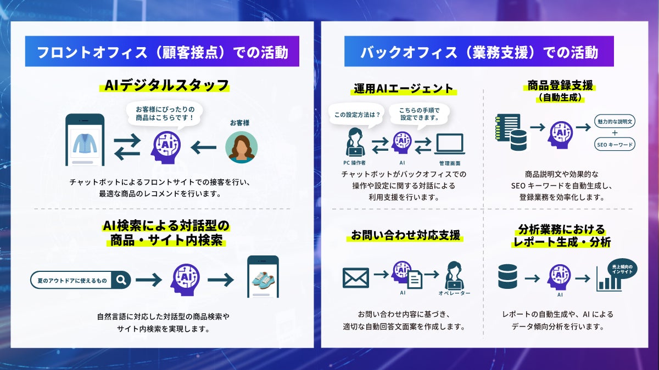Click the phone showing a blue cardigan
pyautogui.click(x=85, y=140)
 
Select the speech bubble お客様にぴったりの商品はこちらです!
pyautogui.click(x=165, y=114)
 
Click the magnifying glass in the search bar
pyautogui.click(x=121, y=280)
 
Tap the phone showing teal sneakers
pyautogui.click(x=263, y=277)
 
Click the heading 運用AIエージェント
pyautogui.click(x=403, y=88)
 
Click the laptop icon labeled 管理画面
pyautogui.click(x=450, y=145)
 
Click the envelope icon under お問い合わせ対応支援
pyautogui.click(x=355, y=277)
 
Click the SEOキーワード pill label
pyautogui.click(x=615, y=145)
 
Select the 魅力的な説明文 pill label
pyautogui.click(x=615, y=121)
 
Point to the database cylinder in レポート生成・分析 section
pyautogui.click(x=507, y=277)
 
